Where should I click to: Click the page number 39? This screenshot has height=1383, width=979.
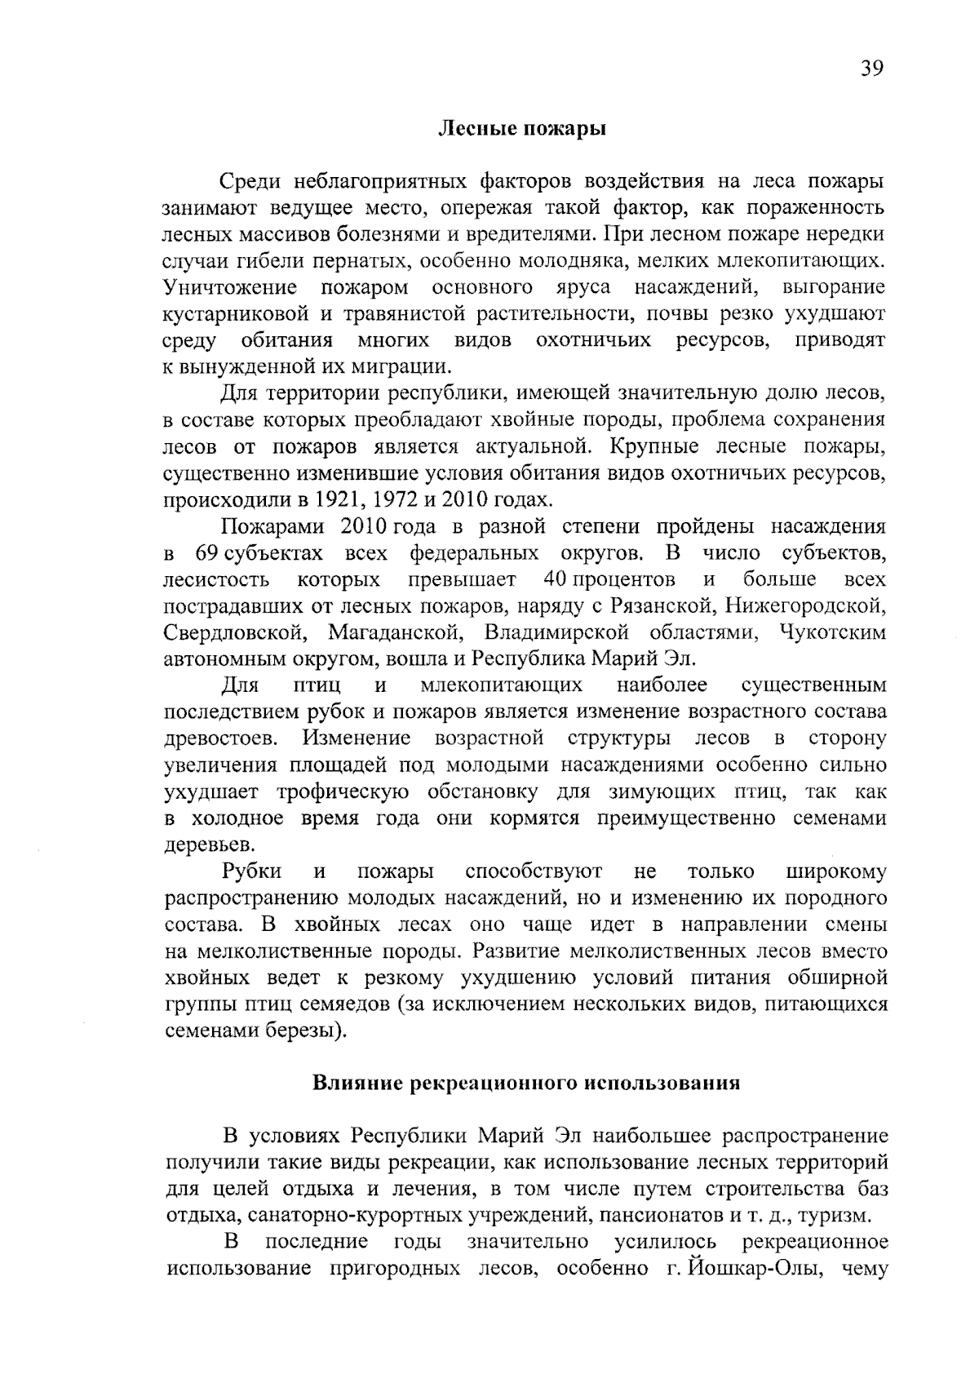[870, 69]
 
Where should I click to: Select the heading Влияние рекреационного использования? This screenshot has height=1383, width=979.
[526, 1084]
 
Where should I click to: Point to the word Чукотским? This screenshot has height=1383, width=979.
[832, 633]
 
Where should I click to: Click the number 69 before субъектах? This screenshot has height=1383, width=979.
[206, 554]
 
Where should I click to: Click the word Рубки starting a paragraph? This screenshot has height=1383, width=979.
[252, 871]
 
